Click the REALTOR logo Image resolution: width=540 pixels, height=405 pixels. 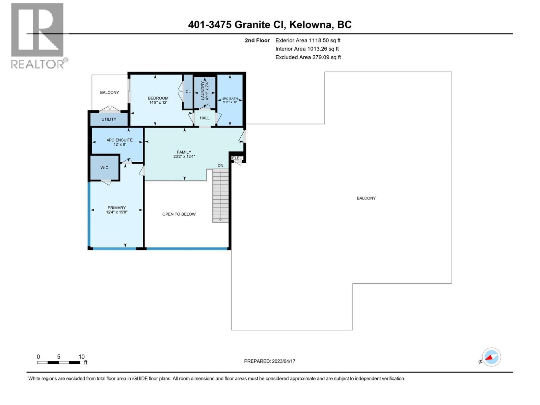pyautogui.click(x=38, y=35)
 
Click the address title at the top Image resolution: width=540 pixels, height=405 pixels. pyautogui.click(x=270, y=25)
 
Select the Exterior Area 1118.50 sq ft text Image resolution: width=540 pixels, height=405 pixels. pyautogui.click(x=308, y=40)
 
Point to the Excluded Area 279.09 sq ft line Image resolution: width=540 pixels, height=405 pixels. pyautogui.click(x=308, y=57)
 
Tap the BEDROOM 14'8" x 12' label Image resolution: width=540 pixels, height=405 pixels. pyautogui.click(x=158, y=100)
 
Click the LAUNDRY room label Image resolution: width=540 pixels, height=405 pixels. pyautogui.click(x=205, y=90)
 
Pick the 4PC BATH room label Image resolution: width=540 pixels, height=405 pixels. pyautogui.click(x=230, y=100)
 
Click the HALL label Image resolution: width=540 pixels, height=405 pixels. pyautogui.click(x=205, y=118)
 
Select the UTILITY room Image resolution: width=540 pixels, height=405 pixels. pyautogui.click(x=109, y=119)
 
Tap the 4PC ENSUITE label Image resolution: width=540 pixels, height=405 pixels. pyautogui.click(x=119, y=142)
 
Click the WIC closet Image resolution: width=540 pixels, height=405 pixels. pyautogui.click(x=104, y=167)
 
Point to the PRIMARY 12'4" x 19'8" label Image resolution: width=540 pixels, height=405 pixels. pyautogui.click(x=116, y=210)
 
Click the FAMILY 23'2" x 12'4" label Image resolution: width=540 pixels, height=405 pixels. pyautogui.click(x=184, y=154)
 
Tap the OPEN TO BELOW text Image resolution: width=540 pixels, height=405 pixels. pyautogui.click(x=179, y=214)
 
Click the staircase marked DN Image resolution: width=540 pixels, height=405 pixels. pyautogui.click(x=220, y=196)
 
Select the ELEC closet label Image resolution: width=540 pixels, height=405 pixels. pyautogui.click(x=237, y=158)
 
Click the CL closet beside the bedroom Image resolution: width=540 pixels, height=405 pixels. pyautogui.click(x=188, y=91)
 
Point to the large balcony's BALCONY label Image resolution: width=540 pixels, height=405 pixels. pyautogui.click(x=366, y=198)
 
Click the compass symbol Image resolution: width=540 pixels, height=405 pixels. pyautogui.click(x=491, y=357)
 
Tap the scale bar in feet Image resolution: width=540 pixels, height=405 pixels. pyautogui.click(x=59, y=362)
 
